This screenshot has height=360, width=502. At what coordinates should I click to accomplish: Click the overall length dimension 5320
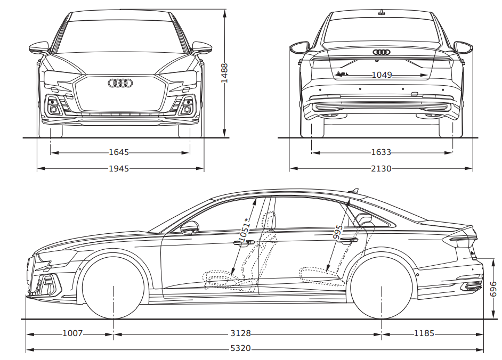point(241,349)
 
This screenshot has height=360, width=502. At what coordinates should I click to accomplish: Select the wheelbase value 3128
point(241,334)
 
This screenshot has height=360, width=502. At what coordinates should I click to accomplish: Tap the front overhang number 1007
point(72,334)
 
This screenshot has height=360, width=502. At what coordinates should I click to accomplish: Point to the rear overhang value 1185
point(424,334)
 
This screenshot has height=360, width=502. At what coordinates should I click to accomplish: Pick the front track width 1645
point(119,152)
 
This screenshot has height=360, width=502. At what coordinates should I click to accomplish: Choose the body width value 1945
point(119,168)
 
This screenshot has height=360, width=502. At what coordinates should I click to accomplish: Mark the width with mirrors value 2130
point(381,168)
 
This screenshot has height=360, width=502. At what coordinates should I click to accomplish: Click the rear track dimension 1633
point(381,152)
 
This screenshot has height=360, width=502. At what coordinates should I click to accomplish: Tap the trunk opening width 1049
point(382,75)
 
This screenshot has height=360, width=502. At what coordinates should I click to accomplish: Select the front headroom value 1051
point(245,231)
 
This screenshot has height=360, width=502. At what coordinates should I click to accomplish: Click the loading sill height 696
point(493,289)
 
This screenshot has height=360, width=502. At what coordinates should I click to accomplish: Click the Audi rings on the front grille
point(120,83)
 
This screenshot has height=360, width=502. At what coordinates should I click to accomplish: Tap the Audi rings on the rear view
point(382,52)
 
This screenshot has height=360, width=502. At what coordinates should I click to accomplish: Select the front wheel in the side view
point(114,288)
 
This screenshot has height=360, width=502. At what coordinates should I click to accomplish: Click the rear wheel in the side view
point(382,288)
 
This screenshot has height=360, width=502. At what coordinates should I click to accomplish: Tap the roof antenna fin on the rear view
point(382,11)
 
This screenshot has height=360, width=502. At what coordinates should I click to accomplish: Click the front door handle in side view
point(239,243)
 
